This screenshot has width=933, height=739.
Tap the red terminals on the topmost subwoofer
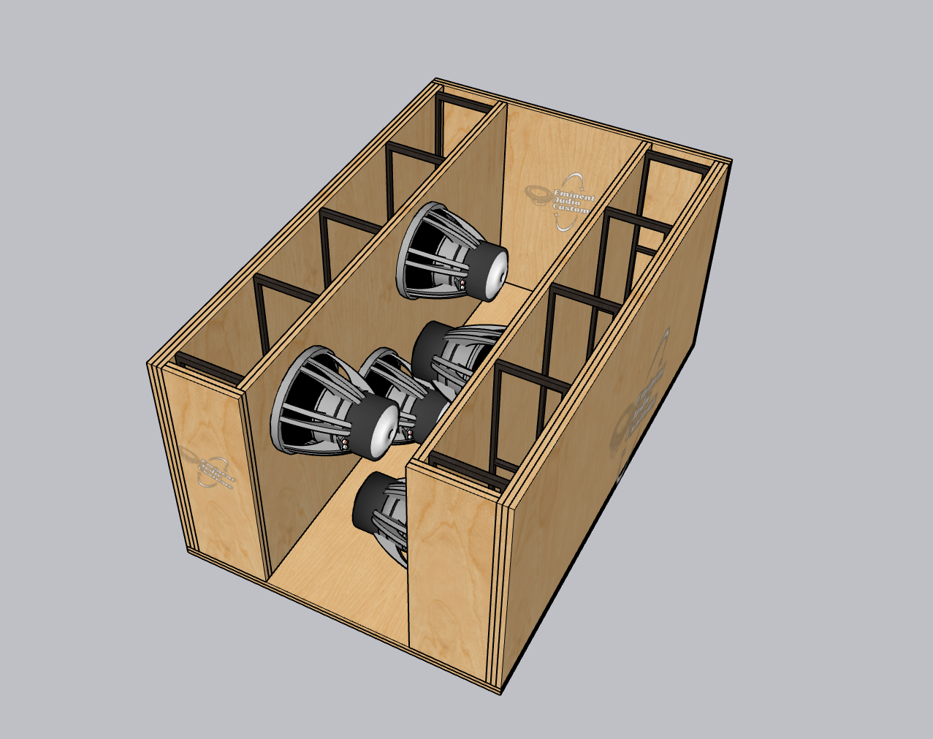[462, 284]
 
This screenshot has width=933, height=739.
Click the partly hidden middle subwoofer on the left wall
[395, 380]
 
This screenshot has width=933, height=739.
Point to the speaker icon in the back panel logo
[539, 194]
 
